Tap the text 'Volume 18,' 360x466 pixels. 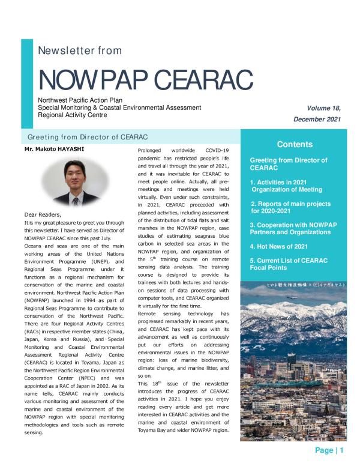[323, 108]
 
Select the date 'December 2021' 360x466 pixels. [317, 120]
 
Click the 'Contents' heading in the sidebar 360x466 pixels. [295, 144]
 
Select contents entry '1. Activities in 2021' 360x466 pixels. [282, 182]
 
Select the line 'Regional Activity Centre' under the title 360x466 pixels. [72, 115]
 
